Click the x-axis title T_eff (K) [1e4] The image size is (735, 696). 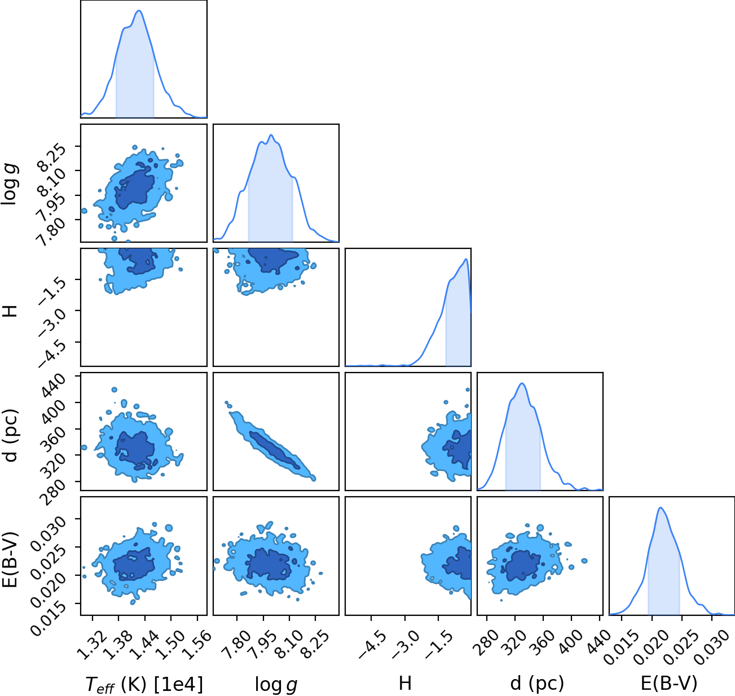click(x=144, y=684)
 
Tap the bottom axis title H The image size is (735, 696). click(x=405, y=683)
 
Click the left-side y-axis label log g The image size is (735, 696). click(x=10, y=185)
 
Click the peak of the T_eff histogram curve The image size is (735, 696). click(x=139, y=11)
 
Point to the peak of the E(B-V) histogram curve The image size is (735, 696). click(x=661, y=507)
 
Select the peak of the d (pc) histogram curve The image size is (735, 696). click(x=522, y=383)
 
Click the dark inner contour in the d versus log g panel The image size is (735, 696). click(x=275, y=450)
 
